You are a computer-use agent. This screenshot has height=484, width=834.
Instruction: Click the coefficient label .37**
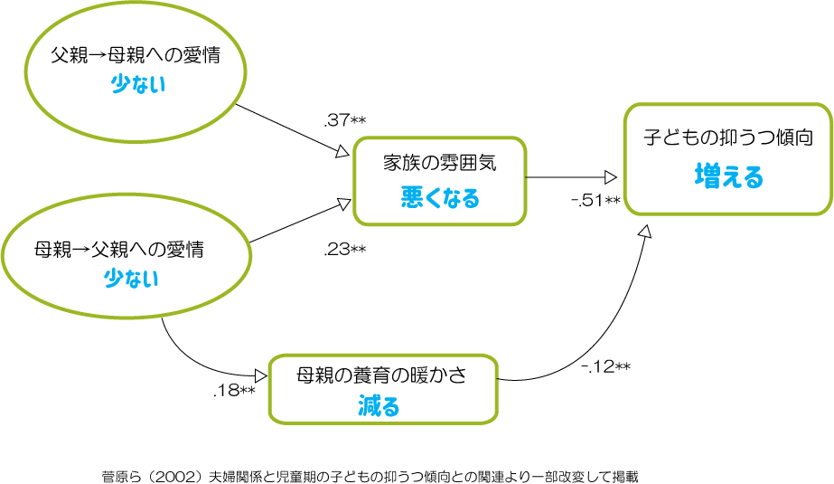344,120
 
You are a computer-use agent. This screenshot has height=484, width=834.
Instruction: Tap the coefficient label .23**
344,249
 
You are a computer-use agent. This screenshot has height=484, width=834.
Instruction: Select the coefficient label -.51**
595,200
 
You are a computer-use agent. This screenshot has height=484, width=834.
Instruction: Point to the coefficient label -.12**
605,366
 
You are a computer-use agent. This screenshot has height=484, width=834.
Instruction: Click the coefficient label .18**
234,390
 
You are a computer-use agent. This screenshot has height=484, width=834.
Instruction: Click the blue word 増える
728,176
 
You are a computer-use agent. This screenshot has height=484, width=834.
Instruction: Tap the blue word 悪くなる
440,197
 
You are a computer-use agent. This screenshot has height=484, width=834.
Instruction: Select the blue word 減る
379,405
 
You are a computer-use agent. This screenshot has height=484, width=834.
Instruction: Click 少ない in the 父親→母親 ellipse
138,84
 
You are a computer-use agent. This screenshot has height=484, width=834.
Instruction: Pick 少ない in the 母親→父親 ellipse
131,279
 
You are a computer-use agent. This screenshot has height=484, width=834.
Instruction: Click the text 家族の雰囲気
440,163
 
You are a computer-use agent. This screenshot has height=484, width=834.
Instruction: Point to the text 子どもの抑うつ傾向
728,137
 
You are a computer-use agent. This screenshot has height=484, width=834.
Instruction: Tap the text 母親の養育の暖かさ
381,375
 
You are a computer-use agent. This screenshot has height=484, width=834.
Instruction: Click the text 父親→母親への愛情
136,55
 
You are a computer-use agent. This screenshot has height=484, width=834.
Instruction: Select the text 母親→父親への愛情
119,249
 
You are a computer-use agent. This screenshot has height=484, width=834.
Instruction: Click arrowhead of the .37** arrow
343,152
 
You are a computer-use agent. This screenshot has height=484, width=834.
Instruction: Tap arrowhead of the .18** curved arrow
261,376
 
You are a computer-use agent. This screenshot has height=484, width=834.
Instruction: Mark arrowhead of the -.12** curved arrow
645,231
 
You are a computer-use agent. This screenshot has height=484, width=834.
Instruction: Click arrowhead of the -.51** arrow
611,177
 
